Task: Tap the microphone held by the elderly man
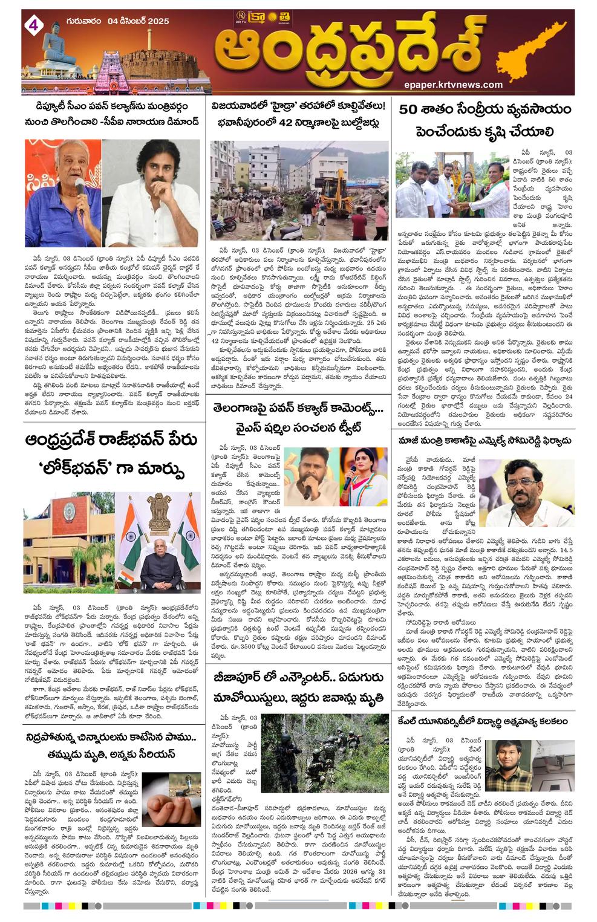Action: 78,183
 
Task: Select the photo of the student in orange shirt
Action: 507,765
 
